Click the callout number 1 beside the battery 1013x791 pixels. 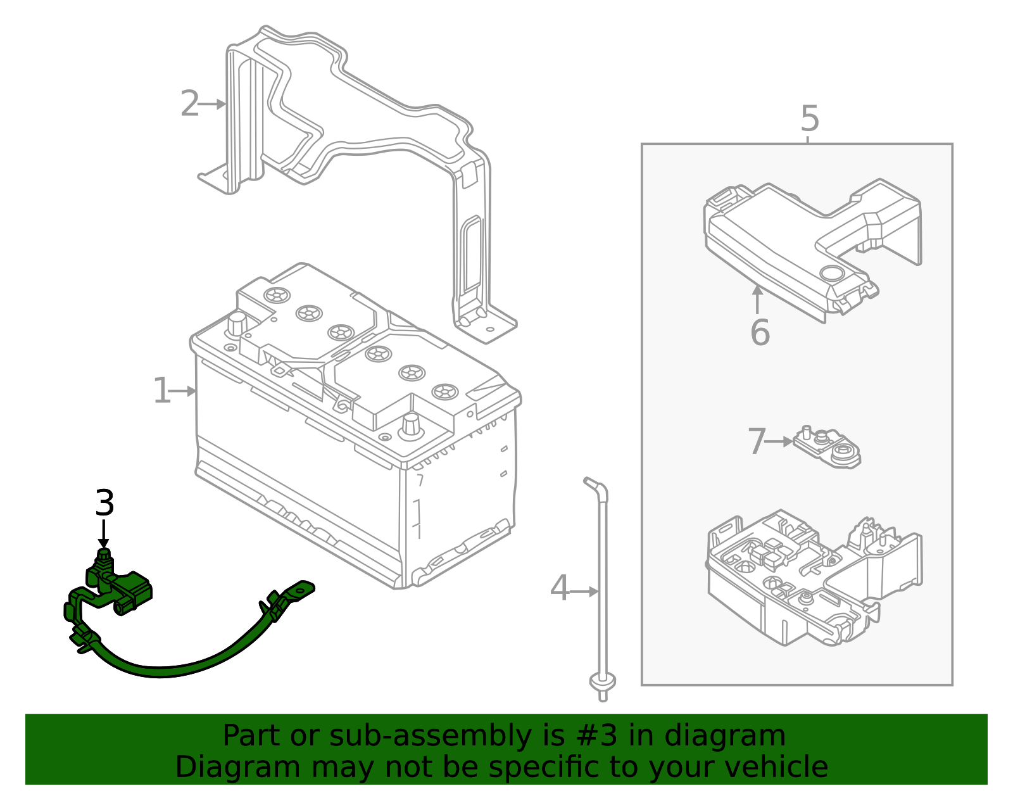coord(161,391)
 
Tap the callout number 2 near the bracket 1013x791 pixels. coord(189,104)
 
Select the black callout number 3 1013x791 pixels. coord(104,503)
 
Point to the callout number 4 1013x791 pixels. coord(559,589)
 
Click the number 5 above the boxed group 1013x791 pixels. coord(809,119)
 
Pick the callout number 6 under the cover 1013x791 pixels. coord(759,333)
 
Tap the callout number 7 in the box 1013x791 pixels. coord(757,442)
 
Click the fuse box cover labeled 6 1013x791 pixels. coord(810,247)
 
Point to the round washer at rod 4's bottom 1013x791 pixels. coord(602,682)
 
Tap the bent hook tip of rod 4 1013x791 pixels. coord(593,483)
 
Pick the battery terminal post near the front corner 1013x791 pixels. coord(411,424)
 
